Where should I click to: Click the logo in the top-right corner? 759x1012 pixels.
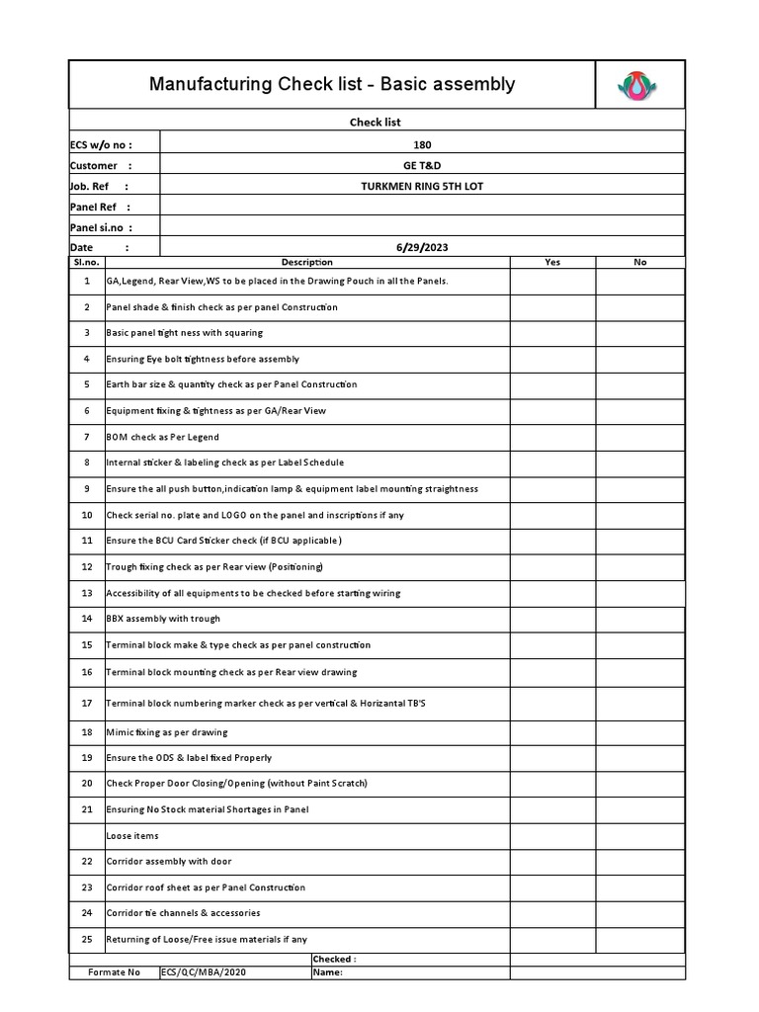point(637,85)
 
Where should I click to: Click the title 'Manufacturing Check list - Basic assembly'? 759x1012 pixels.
point(332,84)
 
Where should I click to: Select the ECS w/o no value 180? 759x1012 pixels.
point(422,144)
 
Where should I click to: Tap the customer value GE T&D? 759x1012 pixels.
point(422,165)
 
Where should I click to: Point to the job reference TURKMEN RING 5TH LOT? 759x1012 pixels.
point(422,186)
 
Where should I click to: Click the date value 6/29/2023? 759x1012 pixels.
point(422,247)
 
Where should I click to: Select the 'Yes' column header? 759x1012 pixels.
point(552,262)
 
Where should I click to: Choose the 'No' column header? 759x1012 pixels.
point(639,262)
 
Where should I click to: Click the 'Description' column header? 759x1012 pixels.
point(307,262)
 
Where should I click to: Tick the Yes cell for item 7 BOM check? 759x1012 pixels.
point(552,437)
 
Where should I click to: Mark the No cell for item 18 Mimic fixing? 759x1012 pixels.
point(639,732)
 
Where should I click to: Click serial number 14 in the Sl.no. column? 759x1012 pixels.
point(87,619)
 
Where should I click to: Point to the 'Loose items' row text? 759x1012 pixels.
point(132,836)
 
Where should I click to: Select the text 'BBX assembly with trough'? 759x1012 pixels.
point(163,619)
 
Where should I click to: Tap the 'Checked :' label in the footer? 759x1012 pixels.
point(334,959)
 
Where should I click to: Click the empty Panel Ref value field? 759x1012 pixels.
point(422,207)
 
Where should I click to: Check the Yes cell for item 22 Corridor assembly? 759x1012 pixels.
point(552,862)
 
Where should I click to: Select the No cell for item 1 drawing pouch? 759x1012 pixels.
point(639,281)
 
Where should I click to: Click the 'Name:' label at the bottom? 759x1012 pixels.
point(327,972)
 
